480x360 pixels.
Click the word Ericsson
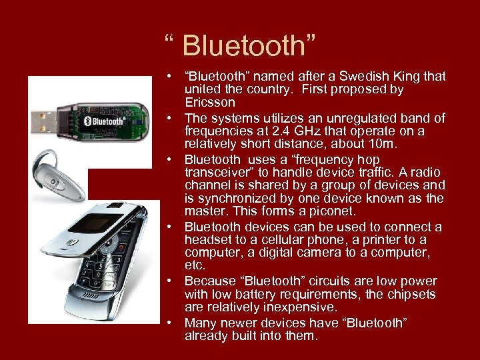pos(210,102)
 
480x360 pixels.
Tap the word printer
pos(369,240)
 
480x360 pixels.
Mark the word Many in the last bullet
pos(199,323)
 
